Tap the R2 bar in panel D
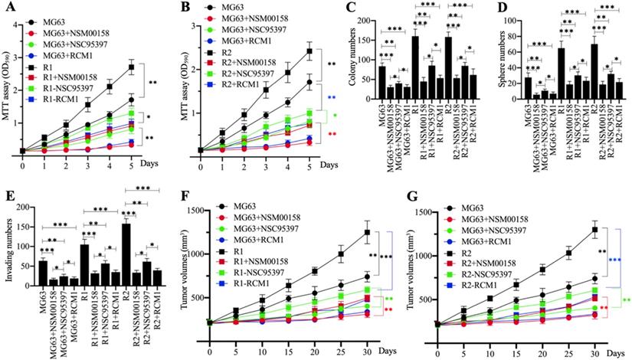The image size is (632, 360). pyautogui.click(x=594, y=72)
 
